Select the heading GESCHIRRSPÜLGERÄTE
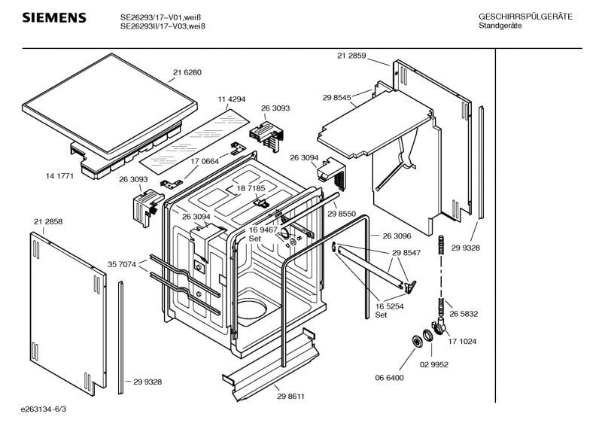tap(525, 17)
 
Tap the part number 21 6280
tap(187, 73)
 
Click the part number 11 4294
tap(233, 99)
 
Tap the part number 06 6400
tap(390, 378)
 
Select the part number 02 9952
tap(434, 364)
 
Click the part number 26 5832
tap(464, 314)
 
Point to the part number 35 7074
tap(122, 264)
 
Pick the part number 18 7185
tap(251, 188)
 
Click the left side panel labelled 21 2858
tap(65, 309)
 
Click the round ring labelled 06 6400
tap(415, 342)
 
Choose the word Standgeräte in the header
tap(500, 26)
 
